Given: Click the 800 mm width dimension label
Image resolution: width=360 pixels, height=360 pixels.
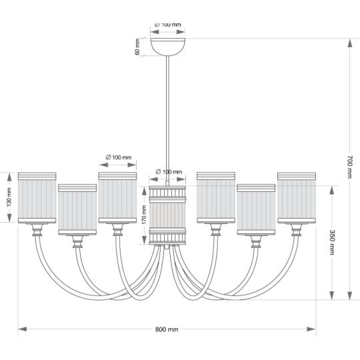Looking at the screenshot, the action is click(x=167, y=329).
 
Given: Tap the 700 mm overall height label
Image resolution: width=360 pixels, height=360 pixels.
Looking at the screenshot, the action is click(x=350, y=167).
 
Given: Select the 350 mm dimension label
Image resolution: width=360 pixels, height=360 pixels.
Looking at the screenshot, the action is click(x=332, y=242).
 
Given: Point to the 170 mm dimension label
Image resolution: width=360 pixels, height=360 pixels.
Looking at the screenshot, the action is click(x=144, y=215).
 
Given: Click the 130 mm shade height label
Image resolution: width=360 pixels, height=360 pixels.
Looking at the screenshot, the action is click(x=9, y=197).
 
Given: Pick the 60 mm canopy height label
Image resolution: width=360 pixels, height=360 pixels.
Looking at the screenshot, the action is click(x=137, y=47).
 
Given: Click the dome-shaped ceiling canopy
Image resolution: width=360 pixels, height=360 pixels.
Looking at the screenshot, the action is click(x=167, y=47).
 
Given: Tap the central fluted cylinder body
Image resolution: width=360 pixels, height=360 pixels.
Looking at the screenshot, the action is click(x=167, y=215).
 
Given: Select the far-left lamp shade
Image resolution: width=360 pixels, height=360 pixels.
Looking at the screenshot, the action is click(x=37, y=198).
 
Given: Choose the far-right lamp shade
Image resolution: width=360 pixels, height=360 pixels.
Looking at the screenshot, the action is click(x=297, y=198).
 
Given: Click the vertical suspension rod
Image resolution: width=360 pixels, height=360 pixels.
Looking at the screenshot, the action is click(x=167, y=119).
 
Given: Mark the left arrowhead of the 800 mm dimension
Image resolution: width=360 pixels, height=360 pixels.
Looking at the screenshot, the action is click(x=22, y=329).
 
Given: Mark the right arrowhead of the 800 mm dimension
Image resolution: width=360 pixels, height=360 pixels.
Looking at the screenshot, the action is click(x=311, y=329).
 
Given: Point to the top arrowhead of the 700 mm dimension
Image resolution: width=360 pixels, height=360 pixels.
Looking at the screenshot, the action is click(x=350, y=43).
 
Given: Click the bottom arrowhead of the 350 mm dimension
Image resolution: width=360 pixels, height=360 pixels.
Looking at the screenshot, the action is click(x=332, y=295).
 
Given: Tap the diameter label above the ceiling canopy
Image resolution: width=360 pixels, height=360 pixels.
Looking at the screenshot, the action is click(x=167, y=25).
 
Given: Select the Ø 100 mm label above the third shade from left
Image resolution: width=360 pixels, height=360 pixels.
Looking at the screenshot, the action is click(x=119, y=157).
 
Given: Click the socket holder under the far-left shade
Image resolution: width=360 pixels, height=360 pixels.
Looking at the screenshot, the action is click(x=37, y=230).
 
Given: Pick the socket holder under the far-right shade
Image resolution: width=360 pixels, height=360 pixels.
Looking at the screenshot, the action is click(x=297, y=230).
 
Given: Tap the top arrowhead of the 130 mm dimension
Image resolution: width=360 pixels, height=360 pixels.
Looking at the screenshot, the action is click(x=9, y=177).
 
